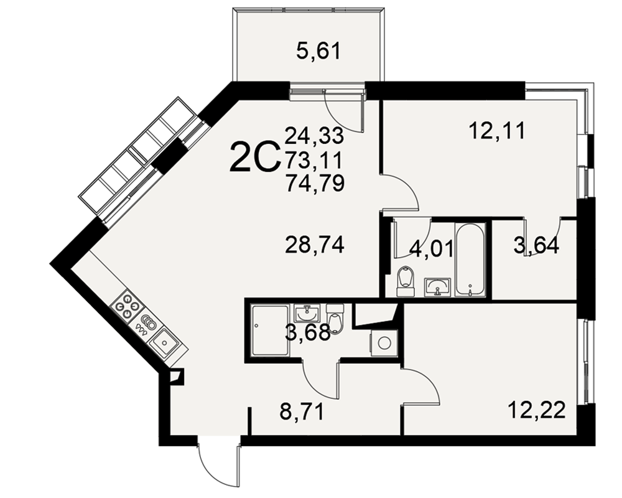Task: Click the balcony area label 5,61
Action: [x=318, y=52]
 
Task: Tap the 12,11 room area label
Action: [x=496, y=131]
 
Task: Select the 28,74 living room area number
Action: [x=315, y=245]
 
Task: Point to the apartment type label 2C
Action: [x=254, y=157]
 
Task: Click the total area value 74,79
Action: [x=315, y=183]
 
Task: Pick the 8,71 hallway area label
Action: [x=302, y=412]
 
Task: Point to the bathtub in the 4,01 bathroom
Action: [x=470, y=260]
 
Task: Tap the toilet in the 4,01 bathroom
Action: [x=406, y=281]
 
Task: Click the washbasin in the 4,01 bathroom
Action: [x=437, y=287]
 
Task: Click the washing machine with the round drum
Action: [x=384, y=343]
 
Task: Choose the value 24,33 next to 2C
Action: [x=314, y=136]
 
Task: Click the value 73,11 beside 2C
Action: [x=313, y=160]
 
